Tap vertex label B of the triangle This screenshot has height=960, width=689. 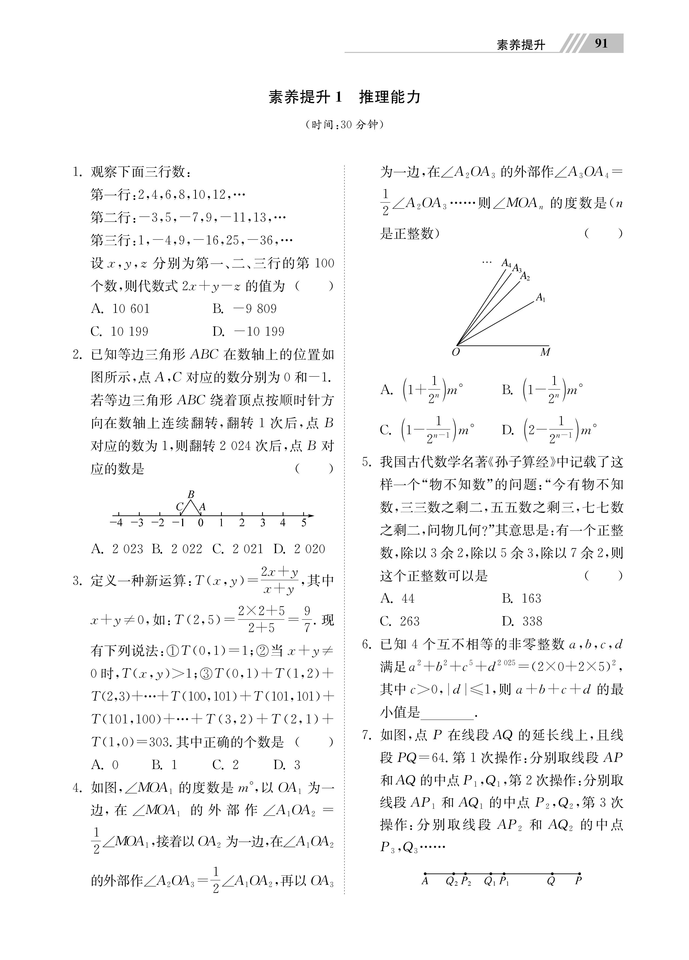click(191, 494)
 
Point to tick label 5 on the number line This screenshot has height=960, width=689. click(304, 523)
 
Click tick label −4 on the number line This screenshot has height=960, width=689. click(116, 523)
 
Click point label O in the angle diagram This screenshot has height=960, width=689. click(456, 353)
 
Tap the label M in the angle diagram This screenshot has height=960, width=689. click(545, 352)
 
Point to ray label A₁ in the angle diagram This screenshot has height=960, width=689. click(541, 298)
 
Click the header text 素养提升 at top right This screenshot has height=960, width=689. click(520, 45)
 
